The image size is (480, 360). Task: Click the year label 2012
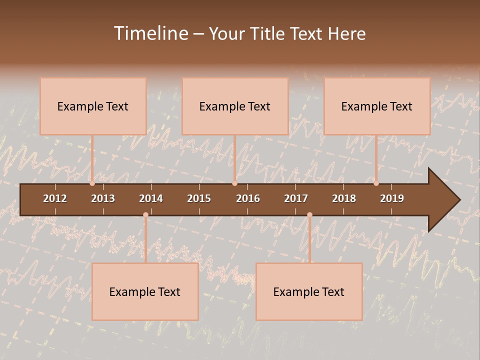[55, 198]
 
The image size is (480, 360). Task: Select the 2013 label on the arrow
[103, 198]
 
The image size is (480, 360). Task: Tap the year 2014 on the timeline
[151, 198]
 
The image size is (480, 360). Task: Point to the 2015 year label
[199, 198]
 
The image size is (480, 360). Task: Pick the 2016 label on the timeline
[248, 198]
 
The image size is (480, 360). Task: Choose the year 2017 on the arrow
[296, 198]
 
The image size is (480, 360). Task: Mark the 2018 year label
[344, 198]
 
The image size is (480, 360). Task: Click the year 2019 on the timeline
[392, 198]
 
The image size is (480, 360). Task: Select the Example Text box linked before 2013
[93, 106]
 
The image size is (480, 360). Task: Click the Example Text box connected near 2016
[235, 106]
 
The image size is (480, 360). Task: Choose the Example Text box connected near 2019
[377, 106]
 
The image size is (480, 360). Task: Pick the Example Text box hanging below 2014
[145, 291]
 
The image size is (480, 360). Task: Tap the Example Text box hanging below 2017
[309, 291]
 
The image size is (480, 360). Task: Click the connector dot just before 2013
[92, 183]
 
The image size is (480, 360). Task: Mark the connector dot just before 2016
[234, 183]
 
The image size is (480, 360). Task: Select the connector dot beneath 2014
[145, 215]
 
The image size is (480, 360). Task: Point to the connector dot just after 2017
[309, 215]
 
